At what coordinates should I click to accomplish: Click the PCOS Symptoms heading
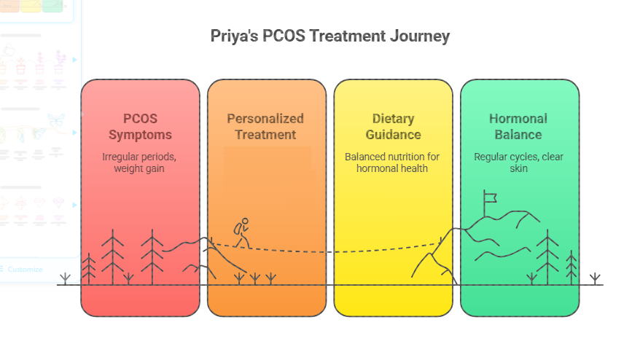140,127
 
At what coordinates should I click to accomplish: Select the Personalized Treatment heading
265,127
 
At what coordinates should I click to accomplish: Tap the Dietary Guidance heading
392,127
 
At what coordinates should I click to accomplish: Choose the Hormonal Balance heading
518,127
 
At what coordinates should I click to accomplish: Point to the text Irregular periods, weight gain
140,163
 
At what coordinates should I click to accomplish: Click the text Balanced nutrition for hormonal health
392,163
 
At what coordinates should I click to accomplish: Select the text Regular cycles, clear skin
518,163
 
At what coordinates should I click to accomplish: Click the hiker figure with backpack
241,232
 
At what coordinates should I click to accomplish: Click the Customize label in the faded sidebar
25,269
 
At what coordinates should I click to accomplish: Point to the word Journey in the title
420,36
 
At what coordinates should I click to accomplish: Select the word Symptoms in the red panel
140,135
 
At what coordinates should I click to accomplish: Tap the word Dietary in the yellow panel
392,119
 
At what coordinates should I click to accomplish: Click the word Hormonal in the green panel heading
518,119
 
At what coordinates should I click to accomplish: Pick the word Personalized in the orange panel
265,119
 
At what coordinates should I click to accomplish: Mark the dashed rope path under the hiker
328,251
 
